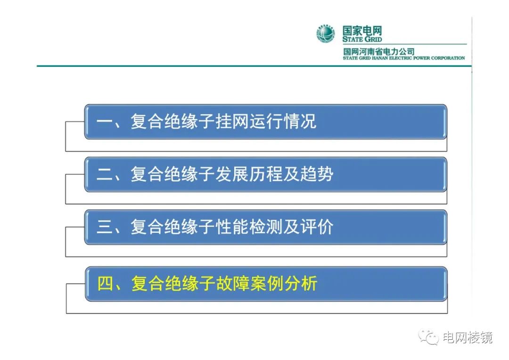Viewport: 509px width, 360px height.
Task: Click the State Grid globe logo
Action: tap(326, 33)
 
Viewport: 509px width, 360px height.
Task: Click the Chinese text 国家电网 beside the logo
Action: tap(362, 31)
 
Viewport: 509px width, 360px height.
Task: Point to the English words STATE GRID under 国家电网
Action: tap(362, 39)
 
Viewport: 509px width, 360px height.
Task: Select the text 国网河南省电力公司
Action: tap(379, 51)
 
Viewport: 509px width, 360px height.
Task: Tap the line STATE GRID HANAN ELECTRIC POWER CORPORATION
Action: tap(404, 58)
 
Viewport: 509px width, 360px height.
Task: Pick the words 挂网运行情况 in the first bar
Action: tap(266, 122)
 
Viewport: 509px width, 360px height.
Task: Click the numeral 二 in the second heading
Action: tap(105, 175)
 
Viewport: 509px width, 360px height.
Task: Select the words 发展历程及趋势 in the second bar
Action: tap(274, 174)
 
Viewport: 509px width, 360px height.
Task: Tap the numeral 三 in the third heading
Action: tap(105, 227)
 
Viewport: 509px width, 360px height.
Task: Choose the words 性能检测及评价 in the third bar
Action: tap(274, 227)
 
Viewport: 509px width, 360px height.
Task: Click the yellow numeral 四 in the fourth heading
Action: tap(105, 284)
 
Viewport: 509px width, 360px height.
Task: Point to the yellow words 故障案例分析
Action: tap(266, 283)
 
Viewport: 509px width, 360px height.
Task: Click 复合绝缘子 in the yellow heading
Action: tap(173, 283)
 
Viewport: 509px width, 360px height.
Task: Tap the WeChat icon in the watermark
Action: tap(428, 337)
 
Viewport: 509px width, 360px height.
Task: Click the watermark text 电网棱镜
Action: tap(468, 337)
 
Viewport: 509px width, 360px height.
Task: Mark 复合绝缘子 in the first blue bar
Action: tap(172, 122)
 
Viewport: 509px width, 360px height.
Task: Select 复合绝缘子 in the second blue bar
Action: tap(172, 174)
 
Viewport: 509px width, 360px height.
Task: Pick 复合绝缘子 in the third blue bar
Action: tap(172, 227)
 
